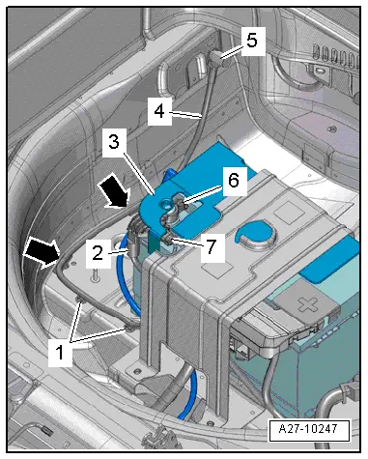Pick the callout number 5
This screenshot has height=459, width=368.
click(x=249, y=42)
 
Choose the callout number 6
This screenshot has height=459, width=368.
click(x=233, y=181)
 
